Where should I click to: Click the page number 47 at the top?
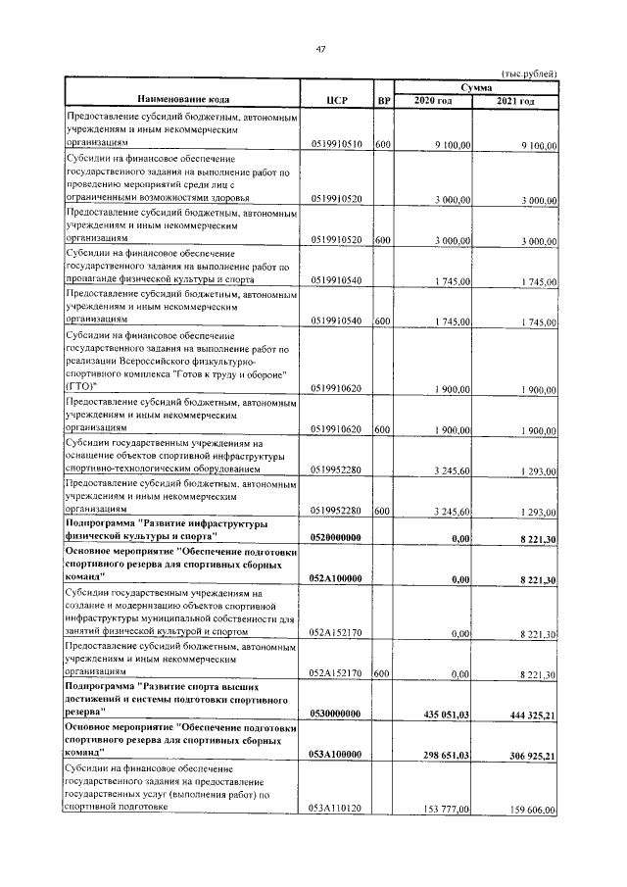tap(320, 52)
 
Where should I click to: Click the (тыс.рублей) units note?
tap(529, 74)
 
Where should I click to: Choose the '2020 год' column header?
tap(433, 101)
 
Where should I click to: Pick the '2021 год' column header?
tap(515, 101)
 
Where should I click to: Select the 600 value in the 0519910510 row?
tap(383, 144)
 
